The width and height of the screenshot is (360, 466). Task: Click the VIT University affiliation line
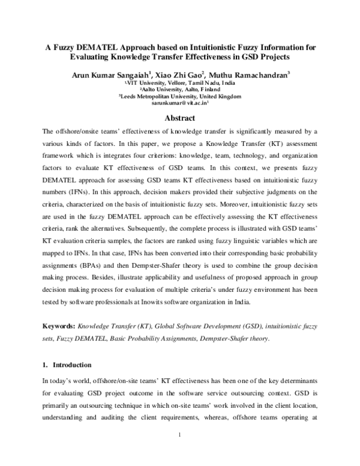(179, 83)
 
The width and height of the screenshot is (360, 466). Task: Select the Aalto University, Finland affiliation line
(179, 89)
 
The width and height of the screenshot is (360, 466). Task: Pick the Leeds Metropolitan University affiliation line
(179, 96)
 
